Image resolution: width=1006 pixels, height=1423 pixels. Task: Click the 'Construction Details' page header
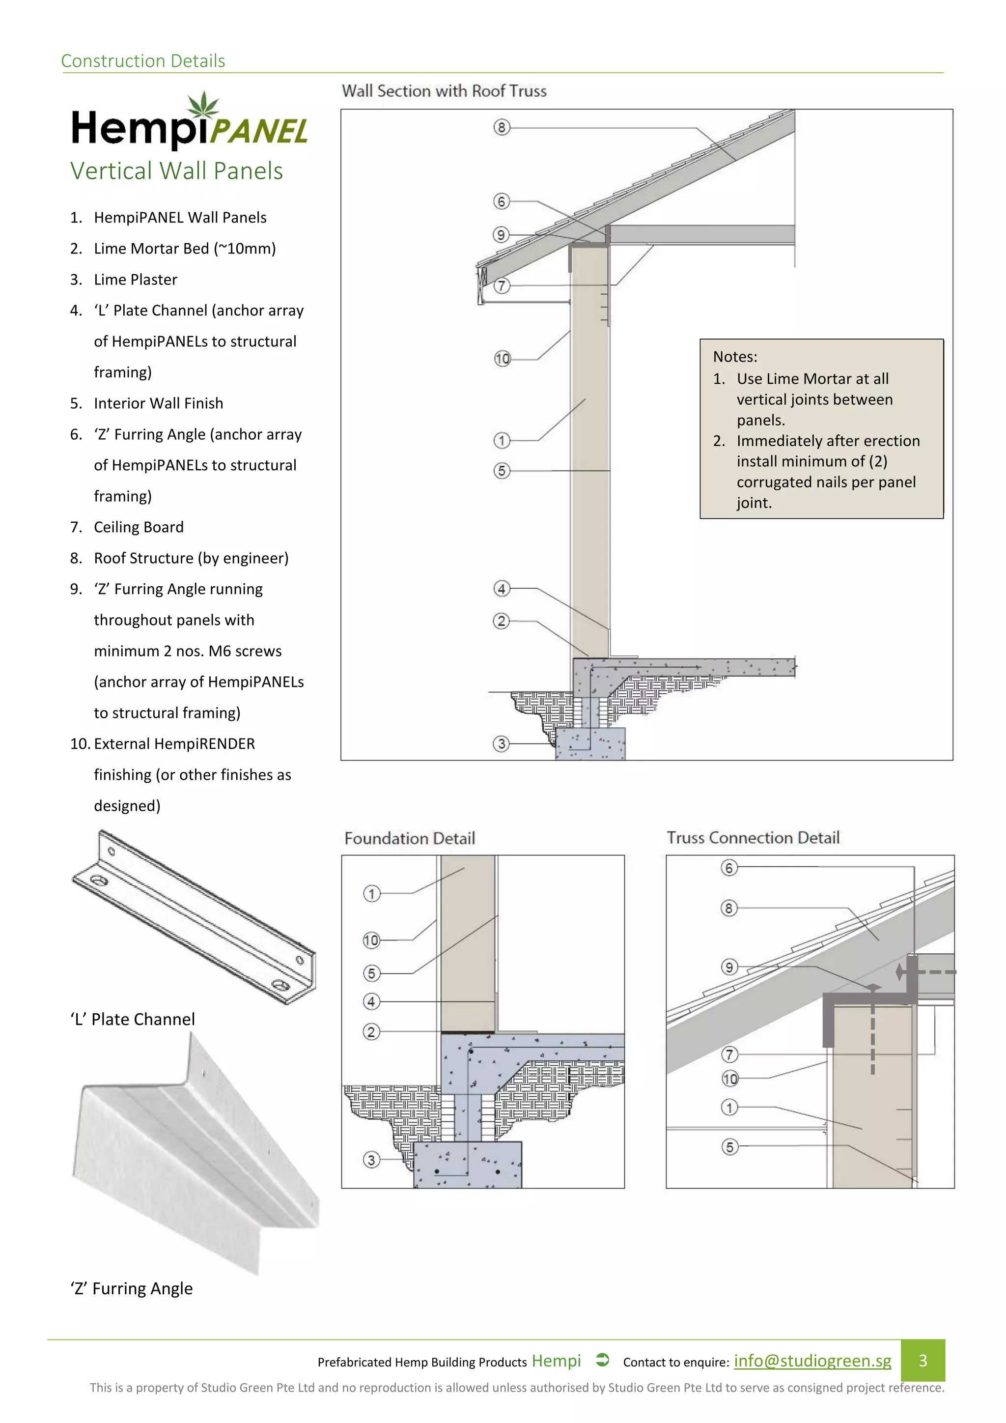pos(143,61)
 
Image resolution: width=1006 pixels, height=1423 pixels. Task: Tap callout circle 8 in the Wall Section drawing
pos(501,127)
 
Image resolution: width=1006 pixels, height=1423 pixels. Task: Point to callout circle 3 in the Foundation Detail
pos(371,1160)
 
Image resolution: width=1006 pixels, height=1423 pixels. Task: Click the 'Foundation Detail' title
pos(410,839)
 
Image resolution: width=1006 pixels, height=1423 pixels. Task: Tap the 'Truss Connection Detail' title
pos(753,838)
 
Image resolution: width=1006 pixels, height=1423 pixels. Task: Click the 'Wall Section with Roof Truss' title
pos(444,91)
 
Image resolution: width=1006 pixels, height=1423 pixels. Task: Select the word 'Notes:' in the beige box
pos(735,357)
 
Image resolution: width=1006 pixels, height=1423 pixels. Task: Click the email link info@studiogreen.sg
pos(812,1361)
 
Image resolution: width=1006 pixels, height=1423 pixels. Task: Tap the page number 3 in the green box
pos(922,1361)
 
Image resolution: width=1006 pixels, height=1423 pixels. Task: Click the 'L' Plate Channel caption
pos(133,1020)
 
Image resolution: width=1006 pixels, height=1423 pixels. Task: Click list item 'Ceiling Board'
pos(139,527)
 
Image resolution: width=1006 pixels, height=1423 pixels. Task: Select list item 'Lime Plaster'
pos(135,280)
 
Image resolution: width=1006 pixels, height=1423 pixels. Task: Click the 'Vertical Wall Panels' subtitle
pos(176,171)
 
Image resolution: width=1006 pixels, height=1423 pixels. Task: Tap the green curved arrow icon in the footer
pos(602,1361)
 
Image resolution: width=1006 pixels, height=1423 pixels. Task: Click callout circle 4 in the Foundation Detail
pos(371,1001)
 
